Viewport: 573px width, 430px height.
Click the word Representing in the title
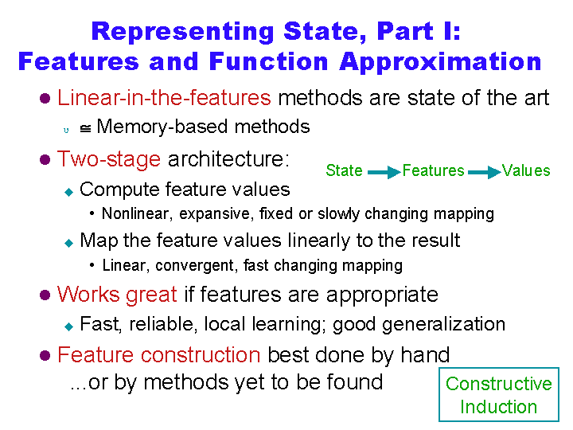(x=183, y=32)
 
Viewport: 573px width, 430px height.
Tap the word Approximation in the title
(x=440, y=62)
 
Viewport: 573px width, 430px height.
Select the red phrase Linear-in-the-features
(x=164, y=98)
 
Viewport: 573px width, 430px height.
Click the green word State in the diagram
(x=344, y=170)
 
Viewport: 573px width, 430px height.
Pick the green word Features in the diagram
(x=434, y=170)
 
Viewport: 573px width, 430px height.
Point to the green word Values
(x=526, y=170)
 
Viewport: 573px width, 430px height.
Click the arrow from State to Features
(x=384, y=172)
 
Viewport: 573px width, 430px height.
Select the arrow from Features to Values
(x=484, y=172)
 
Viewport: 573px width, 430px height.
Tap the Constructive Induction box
(x=498, y=368)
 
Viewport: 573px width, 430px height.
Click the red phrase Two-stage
(x=109, y=159)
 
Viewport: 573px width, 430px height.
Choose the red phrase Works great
(x=117, y=295)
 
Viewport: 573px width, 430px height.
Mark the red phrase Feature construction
(x=159, y=355)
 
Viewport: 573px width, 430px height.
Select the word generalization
(x=443, y=325)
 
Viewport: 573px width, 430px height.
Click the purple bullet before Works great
(x=45, y=295)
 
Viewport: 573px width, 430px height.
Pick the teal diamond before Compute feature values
(x=68, y=192)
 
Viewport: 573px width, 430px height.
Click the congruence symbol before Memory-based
(x=85, y=129)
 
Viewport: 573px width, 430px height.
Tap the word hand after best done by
(x=425, y=354)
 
